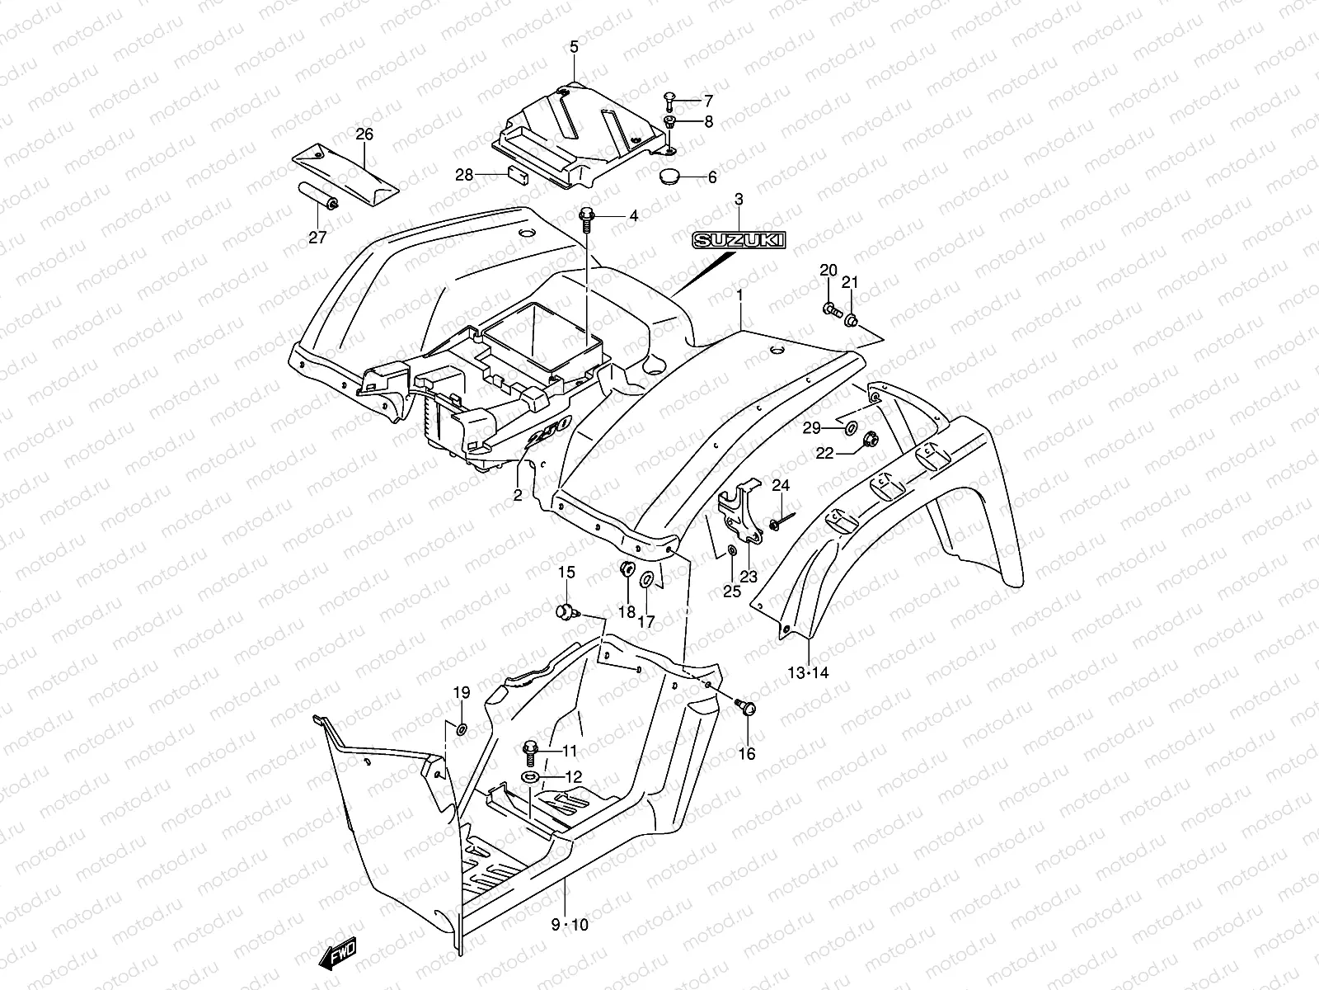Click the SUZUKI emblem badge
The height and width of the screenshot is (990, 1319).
739,240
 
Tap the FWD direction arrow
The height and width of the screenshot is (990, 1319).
338,955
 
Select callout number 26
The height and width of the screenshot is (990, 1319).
364,134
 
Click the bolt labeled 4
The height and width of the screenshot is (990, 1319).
586,216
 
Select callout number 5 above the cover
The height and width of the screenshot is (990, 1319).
575,48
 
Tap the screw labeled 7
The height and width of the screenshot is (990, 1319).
669,101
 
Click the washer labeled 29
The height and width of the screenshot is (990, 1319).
849,428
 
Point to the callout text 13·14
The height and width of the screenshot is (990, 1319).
808,672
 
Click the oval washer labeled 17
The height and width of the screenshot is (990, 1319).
647,580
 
